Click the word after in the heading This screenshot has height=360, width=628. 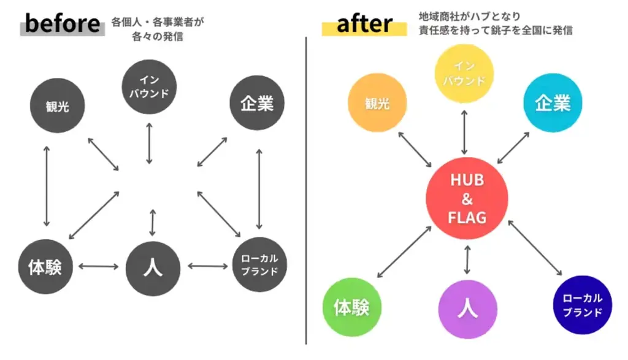364,25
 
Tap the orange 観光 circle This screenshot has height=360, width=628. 377,103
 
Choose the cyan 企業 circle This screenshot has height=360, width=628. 553,104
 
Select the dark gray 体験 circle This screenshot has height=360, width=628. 45,267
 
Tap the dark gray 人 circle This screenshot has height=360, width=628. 153,268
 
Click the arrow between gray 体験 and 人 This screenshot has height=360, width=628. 98,267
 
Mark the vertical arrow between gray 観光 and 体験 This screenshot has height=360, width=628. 46,186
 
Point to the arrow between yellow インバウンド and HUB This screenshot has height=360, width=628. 465,131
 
